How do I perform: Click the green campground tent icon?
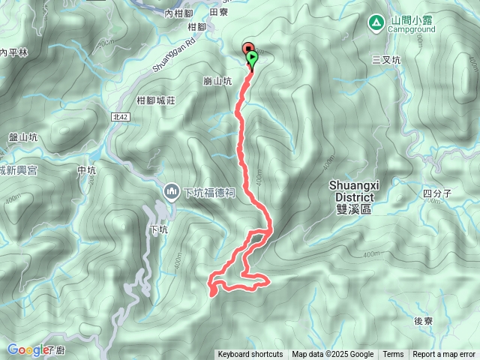[x=376, y=22]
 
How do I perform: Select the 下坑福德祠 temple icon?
[x=172, y=192]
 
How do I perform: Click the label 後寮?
[x=424, y=321]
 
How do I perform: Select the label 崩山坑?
[x=217, y=80]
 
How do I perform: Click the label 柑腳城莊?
[x=157, y=100]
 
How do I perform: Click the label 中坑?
[x=87, y=170]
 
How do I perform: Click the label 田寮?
[x=218, y=12]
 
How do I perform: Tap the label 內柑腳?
[x=178, y=13]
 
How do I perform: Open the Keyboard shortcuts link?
[x=250, y=355]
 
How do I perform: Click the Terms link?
[x=393, y=355]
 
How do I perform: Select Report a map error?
[x=444, y=355]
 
